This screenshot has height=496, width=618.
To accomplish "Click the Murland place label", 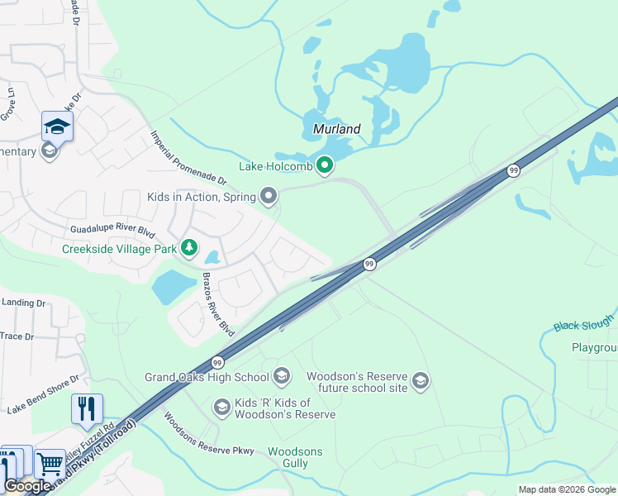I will point(337,129).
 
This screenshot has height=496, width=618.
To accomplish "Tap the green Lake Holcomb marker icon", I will point(325,166).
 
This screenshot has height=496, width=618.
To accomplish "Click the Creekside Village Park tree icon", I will point(190,247).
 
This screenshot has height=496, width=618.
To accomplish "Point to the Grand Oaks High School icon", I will point(281,377).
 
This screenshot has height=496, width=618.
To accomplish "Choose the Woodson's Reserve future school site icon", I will point(421,380).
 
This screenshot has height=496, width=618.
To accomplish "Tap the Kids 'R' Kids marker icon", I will point(221,407).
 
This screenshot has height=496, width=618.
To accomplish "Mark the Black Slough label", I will point(584,322).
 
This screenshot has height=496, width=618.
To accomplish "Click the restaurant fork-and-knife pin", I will point(87,408).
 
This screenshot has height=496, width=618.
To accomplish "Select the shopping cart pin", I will point(50,463).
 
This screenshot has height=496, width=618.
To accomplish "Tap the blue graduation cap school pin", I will point(57,126).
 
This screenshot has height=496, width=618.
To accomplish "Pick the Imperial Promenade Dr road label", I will point(188,157).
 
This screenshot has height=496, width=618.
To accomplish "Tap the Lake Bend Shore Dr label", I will point(43,394).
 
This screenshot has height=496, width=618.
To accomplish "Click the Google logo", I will point(27,486).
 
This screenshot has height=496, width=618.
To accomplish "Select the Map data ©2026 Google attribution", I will point(567,489).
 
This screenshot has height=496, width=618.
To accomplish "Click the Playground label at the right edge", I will point(594,348).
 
